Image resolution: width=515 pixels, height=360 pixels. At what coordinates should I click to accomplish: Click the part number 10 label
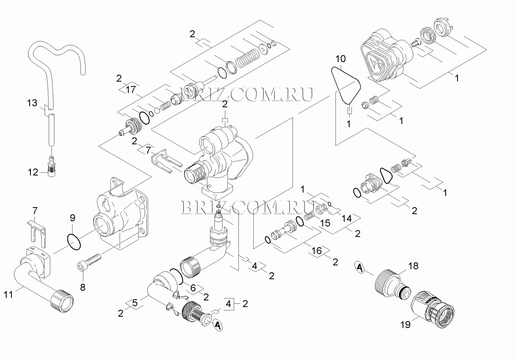(x=341, y=59)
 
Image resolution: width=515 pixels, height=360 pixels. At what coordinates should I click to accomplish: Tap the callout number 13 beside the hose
(x=32, y=103)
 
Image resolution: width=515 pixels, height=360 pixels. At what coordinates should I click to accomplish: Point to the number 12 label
(x=33, y=173)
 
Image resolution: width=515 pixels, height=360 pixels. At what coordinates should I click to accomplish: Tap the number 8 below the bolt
(x=83, y=287)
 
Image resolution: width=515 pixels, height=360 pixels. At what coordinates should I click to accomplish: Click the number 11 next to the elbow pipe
(x=8, y=295)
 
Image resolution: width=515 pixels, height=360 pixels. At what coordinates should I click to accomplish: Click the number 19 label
(x=405, y=325)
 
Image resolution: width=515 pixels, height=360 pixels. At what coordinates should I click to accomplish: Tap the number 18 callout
(x=413, y=266)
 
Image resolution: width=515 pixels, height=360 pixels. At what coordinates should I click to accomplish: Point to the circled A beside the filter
(x=218, y=326)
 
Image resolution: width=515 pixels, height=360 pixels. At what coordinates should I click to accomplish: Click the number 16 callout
(x=317, y=251)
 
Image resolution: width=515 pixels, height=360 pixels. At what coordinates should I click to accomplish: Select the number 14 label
(x=347, y=219)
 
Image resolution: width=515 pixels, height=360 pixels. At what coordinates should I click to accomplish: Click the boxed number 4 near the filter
(x=228, y=304)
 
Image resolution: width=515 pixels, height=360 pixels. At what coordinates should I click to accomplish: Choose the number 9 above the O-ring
(x=72, y=218)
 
